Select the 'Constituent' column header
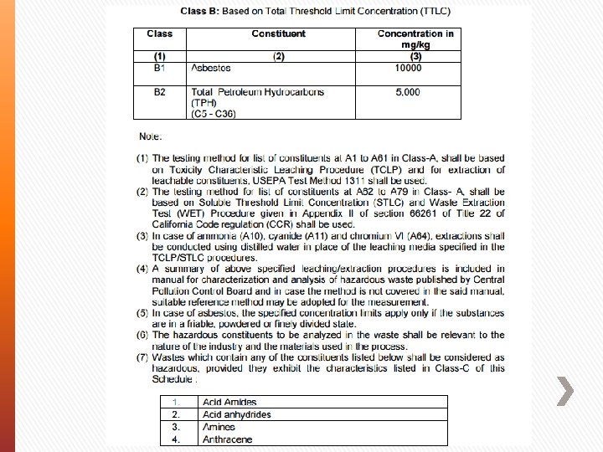click(278, 33)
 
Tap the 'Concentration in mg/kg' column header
click(415, 39)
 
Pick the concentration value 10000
click(408, 68)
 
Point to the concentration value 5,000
click(408, 92)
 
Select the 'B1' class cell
click(159, 68)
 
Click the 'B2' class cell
click(159, 92)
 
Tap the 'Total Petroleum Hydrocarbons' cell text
click(257, 92)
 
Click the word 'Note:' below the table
click(151, 136)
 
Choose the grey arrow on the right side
click(565, 391)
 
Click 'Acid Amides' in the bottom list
click(229, 403)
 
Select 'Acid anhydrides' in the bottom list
click(237, 414)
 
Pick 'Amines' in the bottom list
click(219, 427)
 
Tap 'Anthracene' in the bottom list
click(227, 439)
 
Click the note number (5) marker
click(144, 313)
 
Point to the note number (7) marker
click(144, 357)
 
